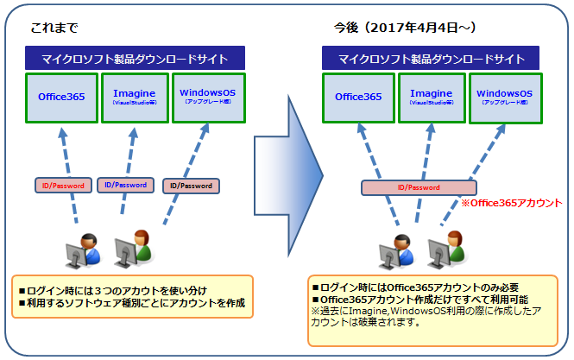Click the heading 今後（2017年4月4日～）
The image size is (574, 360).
[405, 28]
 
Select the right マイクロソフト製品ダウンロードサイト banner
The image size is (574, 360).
[431, 59]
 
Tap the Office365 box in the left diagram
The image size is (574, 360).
[60, 97]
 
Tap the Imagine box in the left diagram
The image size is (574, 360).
[133, 97]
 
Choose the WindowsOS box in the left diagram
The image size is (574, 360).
[207, 97]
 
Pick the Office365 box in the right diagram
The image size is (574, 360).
[356, 97]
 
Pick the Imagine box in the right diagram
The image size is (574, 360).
[431, 97]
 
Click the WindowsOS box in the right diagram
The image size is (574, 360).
[504, 97]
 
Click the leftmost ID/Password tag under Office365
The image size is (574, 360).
[63, 185]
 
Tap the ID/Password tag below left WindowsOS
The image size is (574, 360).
[191, 186]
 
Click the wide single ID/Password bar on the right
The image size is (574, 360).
[418, 187]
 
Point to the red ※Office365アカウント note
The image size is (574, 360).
[510, 204]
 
